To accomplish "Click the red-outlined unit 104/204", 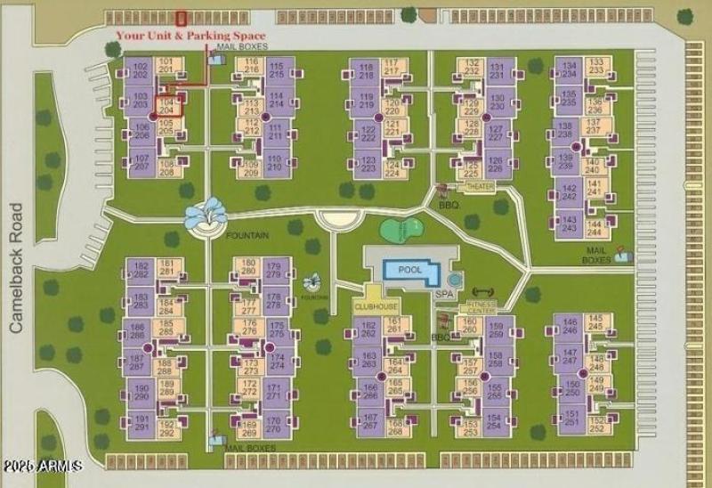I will pyautogui.click(x=168, y=105).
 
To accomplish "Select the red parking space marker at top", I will pyautogui.click(x=182, y=17).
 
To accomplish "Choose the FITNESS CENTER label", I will pyautogui.click(x=482, y=305).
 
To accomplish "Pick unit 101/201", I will pyautogui.click(x=166, y=64).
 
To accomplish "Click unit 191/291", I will pyautogui.click(x=140, y=423).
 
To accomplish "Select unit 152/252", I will pyautogui.click(x=597, y=424).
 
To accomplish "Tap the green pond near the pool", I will pyautogui.click(x=401, y=230).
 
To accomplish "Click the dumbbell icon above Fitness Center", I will pyautogui.click(x=481, y=290).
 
